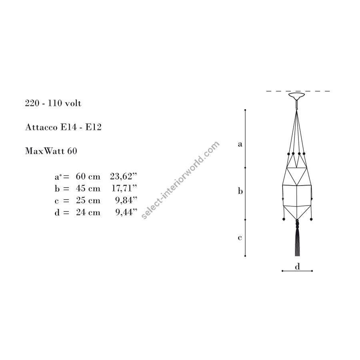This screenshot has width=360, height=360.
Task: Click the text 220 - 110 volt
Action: [53, 103]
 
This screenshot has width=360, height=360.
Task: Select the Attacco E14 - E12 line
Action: [63, 127]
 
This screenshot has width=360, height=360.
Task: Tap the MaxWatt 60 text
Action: [51, 151]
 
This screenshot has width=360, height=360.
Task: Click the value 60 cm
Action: [88, 176]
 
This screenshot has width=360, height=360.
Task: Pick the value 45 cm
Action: [88, 188]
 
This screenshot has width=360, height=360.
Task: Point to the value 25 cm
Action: [88, 200]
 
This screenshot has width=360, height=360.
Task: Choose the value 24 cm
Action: [88, 212]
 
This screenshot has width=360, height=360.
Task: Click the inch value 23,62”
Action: [124, 176]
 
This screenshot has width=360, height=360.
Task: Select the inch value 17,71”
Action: [124, 188]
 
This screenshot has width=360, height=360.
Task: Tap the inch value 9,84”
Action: [126, 200]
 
